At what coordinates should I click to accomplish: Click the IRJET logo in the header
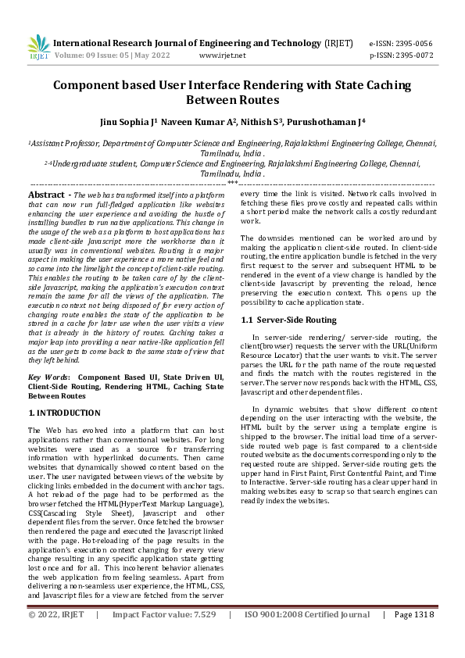38,48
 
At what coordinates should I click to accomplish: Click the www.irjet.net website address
223,55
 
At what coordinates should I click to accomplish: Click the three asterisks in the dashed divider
232,182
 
